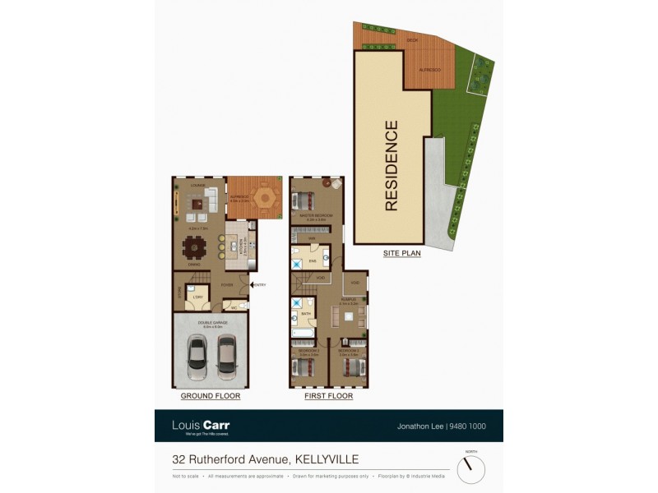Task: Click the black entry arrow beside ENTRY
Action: (x=252, y=284)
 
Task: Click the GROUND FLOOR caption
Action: (x=210, y=396)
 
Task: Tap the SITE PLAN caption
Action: (x=401, y=254)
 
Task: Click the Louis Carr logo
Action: (x=201, y=426)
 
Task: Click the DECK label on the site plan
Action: (x=413, y=39)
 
